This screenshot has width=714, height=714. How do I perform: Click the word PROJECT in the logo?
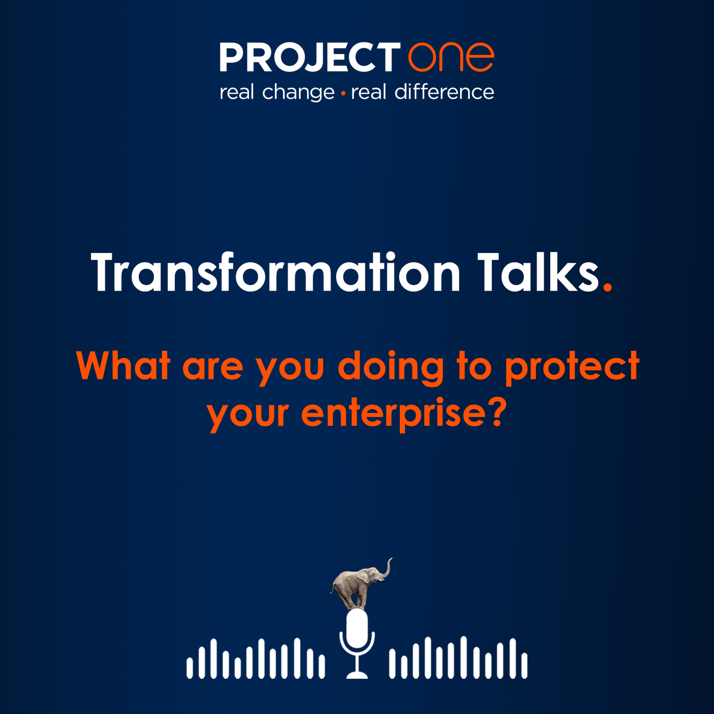(x=310, y=57)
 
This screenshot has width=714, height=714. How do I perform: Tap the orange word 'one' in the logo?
(x=451, y=57)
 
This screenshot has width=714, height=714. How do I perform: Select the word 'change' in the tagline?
(x=298, y=93)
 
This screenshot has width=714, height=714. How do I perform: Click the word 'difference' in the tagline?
(x=444, y=92)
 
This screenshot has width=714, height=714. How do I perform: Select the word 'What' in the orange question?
(x=123, y=366)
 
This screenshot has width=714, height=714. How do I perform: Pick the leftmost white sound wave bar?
(x=190, y=668)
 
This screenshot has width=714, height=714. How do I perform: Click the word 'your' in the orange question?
(x=248, y=414)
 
